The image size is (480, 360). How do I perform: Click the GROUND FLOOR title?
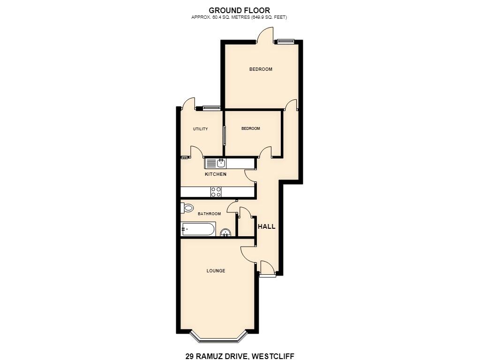pyautogui.click(x=240, y=11)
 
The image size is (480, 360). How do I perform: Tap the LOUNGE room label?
pyautogui.click(x=216, y=270)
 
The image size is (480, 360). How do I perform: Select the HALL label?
pyautogui.click(x=266, y=226)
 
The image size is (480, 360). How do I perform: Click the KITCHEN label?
pyautogui.click(x=216, y=174)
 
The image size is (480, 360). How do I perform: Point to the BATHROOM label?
pyautogui.click(x=210, y=214)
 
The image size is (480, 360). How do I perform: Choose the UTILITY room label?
pyautogui.click(x=201, y=129)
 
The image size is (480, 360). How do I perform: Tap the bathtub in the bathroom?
pyautogui.click(x=198, y=229)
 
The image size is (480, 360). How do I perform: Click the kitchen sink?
pyautogui.click(x=216, y=163)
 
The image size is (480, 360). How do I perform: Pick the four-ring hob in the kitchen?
pyautogui.click(x=216, y=192)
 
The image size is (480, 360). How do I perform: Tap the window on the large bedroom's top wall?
pyautogui.click(x=286, y=41)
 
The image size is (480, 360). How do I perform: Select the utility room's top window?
pyautogui.click(x=211, y=107)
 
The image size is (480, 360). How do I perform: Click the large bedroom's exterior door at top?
pyautogui.click(x=265, y=35)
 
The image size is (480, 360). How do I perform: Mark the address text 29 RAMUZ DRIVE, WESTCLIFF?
pyautogui.click(x=240, y=356)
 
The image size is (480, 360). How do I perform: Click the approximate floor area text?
pyautogui.click(x=239, y=17)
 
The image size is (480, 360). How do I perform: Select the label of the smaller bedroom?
pyautogui.click(x=251, y=128)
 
